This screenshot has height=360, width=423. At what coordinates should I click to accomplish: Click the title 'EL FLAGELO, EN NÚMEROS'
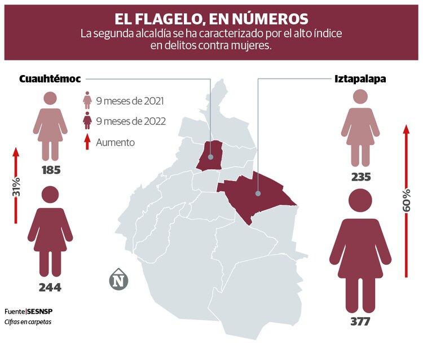pos(211,19)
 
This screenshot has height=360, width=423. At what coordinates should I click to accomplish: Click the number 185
pos(51,169)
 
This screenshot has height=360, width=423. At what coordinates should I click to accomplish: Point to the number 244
pos(50,287)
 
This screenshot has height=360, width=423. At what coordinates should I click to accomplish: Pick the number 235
pos(360,177)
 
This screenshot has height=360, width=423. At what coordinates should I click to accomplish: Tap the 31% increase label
pos(16,186)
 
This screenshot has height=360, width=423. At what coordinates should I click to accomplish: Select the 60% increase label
pos(406,200)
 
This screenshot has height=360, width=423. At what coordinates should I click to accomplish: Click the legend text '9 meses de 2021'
pos(130,102)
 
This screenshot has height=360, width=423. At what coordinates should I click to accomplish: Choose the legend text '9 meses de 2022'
pos(130,121)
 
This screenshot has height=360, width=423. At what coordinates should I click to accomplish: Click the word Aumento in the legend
pos(116,142)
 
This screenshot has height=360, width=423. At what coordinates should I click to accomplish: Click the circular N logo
pos(118,280)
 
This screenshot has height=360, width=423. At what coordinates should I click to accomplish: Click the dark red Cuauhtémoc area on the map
pos(210,155)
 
